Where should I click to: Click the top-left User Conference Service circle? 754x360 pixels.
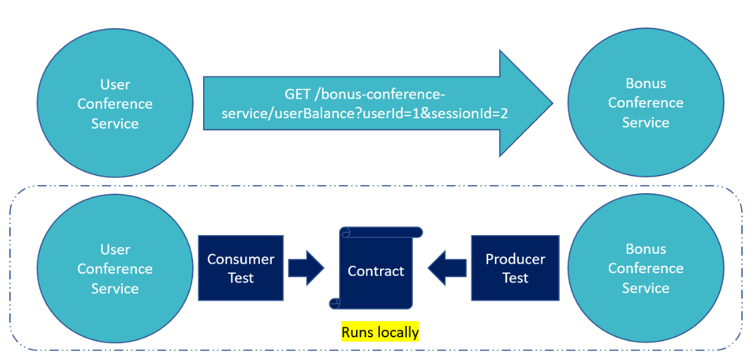coord(115,104)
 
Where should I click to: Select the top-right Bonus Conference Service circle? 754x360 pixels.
coord(646,103)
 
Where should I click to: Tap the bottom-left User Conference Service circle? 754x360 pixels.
coord(115,268)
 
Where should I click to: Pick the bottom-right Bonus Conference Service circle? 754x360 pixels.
coord(646,268)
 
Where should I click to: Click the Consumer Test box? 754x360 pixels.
coord(240,268)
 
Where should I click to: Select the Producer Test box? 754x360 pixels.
coord(515,268)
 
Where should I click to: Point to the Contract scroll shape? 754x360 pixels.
coord(375,268)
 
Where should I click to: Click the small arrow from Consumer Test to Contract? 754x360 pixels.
coord(307,268)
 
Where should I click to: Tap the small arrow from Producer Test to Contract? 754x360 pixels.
coord(447,268)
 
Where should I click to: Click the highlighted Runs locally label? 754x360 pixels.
coord(380,332)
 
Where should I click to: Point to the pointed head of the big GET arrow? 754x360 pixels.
coord(553,103)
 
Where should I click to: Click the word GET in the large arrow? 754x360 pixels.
coord(298,94)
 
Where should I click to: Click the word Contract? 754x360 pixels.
coord(375,271)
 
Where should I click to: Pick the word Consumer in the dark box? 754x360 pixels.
coord(240,260)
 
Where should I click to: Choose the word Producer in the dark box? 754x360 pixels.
coord(515,260)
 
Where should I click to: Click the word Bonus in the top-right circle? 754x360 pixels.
coord(646,83)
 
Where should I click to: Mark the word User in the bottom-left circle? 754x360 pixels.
coord(115,250)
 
